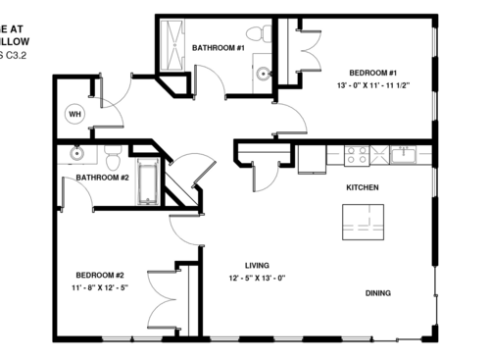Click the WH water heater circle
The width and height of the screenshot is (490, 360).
[x=74, y=114]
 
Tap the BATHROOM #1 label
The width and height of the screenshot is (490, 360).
[x=218, y=47]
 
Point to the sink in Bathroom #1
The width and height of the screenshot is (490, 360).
[x=263, y=73]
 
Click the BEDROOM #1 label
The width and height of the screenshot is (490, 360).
[x=372, y=73]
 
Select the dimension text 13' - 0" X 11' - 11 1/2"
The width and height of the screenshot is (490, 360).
[x=372, y=85]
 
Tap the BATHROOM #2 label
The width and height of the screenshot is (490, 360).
[x=103, y=178]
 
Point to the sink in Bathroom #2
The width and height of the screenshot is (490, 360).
[x=76, y=153]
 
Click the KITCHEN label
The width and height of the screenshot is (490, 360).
[x=362, y=187]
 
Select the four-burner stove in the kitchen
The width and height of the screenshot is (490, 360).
[x=355, y=155]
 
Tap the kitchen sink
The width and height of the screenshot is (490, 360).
[x=403, y=154]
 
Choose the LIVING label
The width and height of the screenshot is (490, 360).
[x=258, y=265]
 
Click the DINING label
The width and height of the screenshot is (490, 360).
[x=378, y=292]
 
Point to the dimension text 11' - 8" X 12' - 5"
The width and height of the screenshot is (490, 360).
[x=100, y=288]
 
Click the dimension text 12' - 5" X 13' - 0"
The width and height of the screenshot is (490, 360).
[x=258, y=278]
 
